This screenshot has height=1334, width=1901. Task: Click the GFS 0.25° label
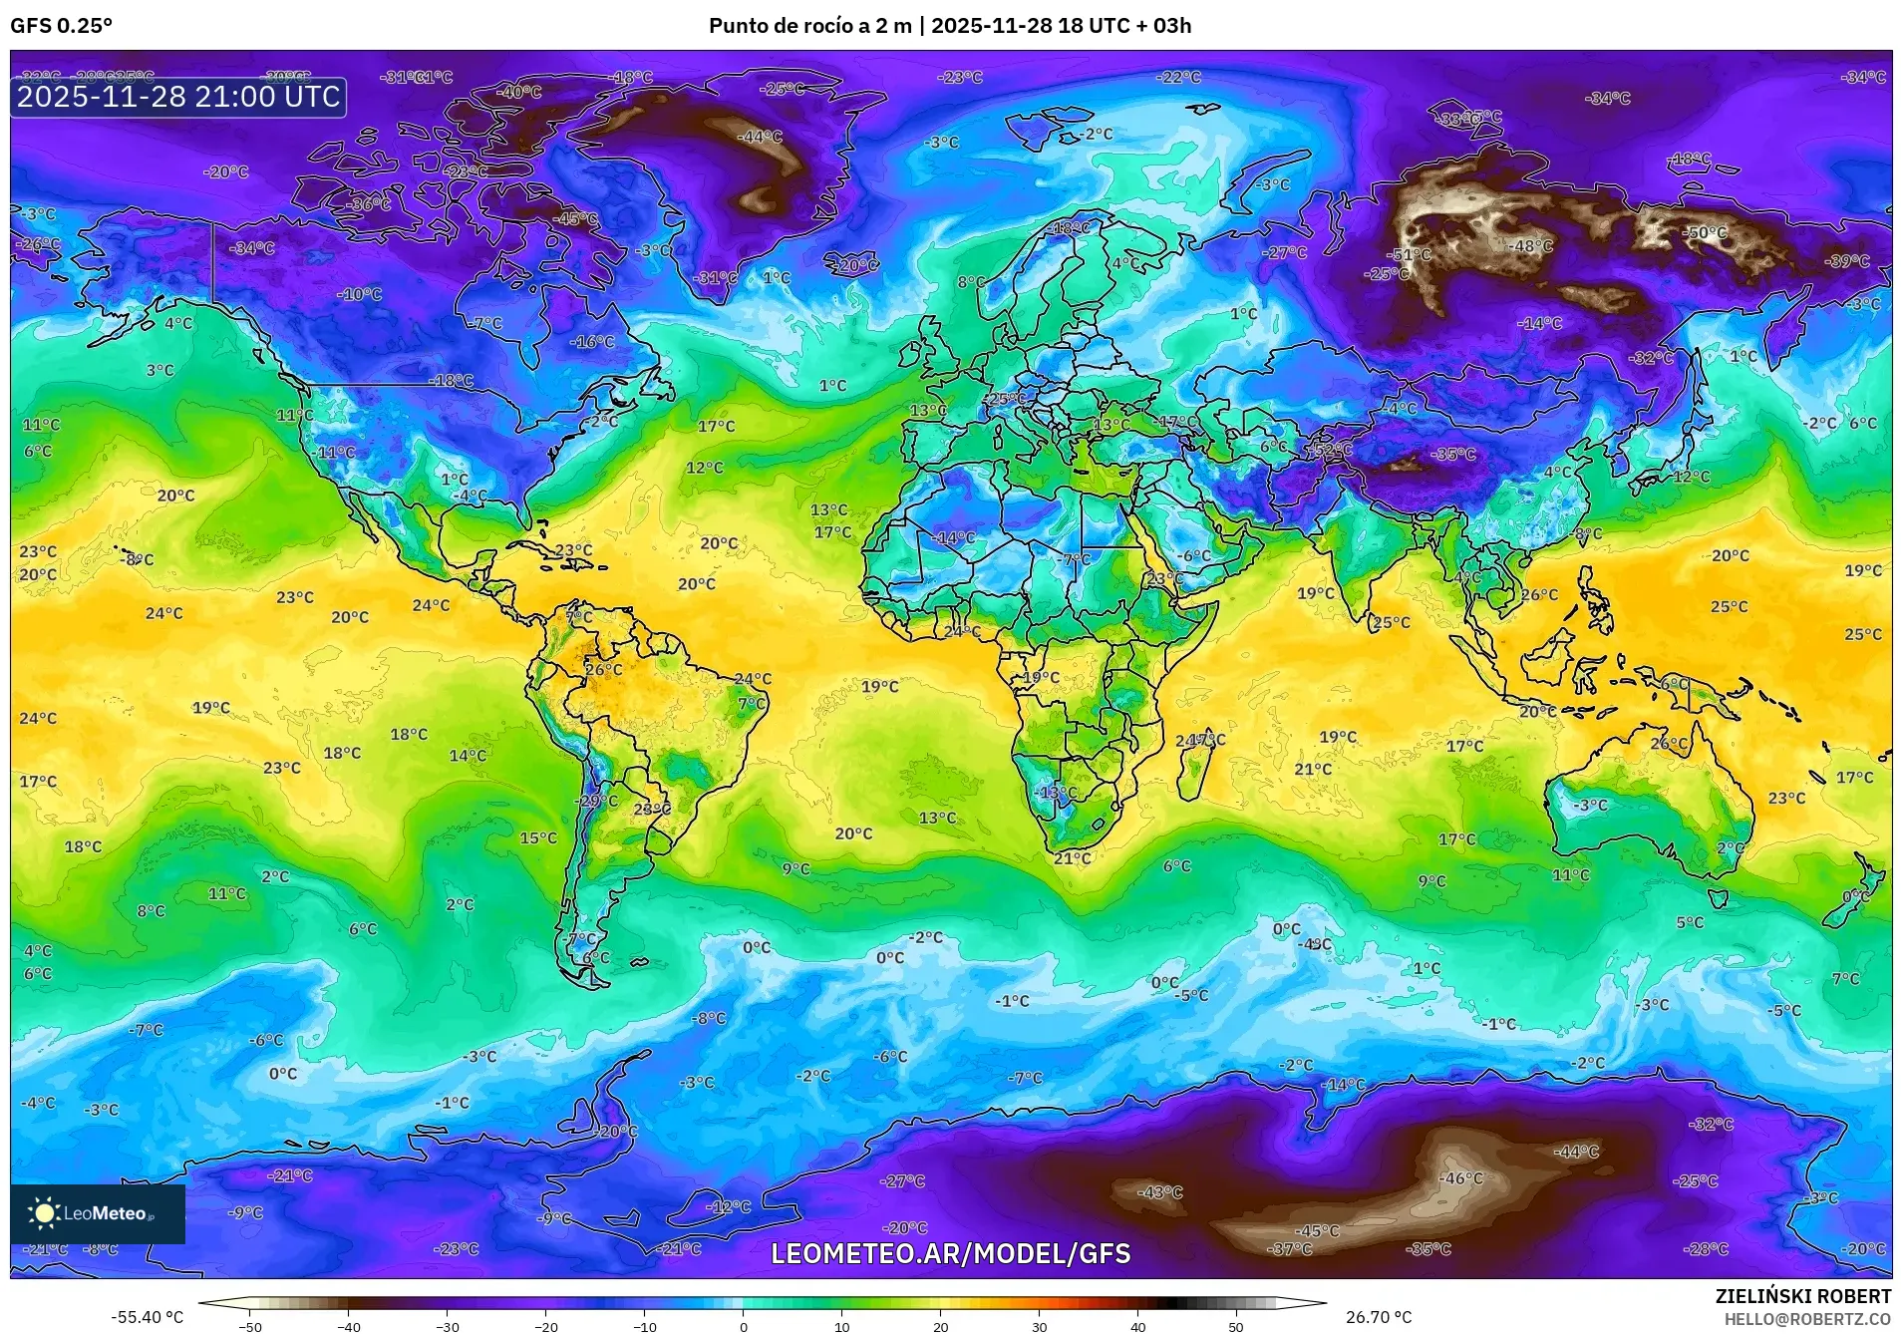61,26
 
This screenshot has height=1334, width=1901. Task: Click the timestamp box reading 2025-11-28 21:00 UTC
178,97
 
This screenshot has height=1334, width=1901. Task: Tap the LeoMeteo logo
97,1213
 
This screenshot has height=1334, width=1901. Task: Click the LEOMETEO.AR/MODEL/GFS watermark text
950,1253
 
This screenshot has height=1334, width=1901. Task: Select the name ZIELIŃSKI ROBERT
1802,1296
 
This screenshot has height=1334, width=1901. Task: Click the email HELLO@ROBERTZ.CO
1807,1319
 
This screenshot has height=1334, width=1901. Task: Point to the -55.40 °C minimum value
147,1317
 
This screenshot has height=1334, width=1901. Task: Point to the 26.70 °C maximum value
1378,1317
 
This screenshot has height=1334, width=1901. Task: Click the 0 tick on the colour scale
743,1327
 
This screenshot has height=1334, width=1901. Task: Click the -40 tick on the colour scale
348,1327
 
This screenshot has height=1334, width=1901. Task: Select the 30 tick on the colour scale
1039,1327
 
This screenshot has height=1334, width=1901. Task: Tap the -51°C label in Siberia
1411,254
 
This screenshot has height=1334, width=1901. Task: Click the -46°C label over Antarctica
1460,1177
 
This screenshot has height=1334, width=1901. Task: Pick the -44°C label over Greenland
760,137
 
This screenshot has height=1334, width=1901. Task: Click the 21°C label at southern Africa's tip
1072,857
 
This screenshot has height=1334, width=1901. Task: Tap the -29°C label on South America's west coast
597,801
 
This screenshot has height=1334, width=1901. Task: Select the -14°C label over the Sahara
954,537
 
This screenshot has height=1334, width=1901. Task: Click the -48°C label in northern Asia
1531,245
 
